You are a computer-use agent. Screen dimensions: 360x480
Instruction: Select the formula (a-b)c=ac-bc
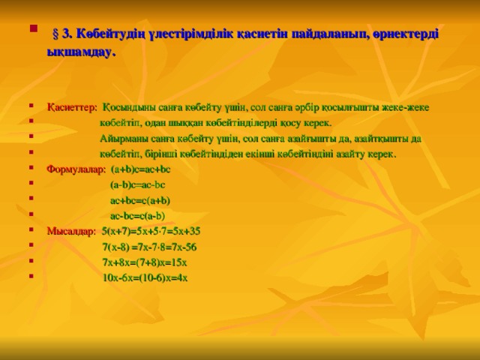137,184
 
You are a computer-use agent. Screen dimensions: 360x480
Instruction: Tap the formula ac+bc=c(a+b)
140,200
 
